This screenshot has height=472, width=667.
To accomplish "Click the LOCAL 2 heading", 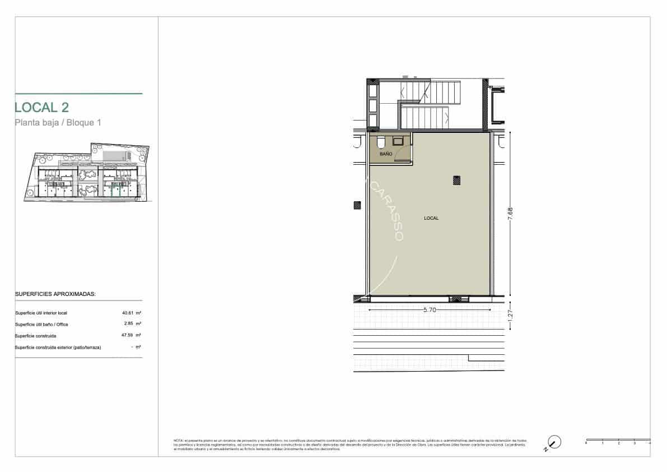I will tap(42, 107).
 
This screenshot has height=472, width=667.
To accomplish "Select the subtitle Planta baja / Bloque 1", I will tap(58, 123).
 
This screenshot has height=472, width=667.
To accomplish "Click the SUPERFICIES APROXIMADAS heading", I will tap(55, 294).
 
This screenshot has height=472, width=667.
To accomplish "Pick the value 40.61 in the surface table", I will tap(128, 313).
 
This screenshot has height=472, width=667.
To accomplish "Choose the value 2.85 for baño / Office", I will tap(129, 324).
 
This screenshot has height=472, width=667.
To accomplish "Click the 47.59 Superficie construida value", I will tap(128, 336).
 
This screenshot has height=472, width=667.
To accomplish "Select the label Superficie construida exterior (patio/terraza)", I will tap(58, 348).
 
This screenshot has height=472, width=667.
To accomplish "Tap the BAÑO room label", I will tap(385, 153).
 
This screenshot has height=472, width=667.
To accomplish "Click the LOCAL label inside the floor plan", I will tap(431, 218).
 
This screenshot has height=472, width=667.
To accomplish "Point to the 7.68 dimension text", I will tap(510, 215).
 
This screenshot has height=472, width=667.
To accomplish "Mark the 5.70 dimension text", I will tap(430, 309).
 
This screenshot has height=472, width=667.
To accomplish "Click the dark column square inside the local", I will tap(457, 180).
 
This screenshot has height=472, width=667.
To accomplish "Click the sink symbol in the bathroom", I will tap(398, 141).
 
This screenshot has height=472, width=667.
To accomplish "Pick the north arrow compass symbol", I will tap(554, 442).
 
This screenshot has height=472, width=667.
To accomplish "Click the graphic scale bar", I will tap(618, 440).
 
